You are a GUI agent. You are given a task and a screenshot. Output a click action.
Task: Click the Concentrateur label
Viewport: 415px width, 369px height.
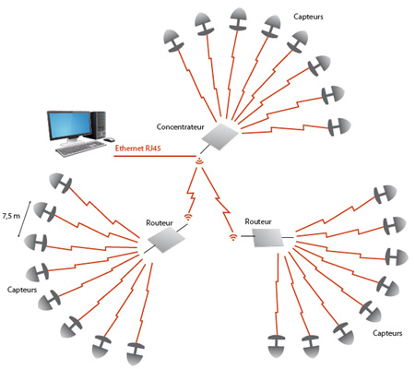click(180, 126)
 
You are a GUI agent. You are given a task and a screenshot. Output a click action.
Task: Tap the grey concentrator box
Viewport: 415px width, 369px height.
click(220, 137)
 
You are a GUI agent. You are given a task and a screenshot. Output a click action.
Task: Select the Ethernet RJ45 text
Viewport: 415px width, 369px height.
click(137, 149)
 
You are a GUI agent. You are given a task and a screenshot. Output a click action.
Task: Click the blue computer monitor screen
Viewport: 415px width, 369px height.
click(69, 125)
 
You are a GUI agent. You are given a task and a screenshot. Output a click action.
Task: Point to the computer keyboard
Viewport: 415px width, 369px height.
click(81, 149)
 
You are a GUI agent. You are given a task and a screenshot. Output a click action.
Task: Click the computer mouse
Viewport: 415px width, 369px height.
click(109, 140)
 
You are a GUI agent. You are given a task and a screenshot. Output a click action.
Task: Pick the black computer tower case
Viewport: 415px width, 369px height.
click(98, 125)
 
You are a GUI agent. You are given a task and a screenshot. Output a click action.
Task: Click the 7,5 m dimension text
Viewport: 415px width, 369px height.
click(11, 216)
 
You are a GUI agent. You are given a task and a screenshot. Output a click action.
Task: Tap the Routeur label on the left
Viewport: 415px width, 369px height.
click(160, 223)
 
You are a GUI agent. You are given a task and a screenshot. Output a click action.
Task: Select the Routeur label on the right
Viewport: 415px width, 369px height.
click(258, 221)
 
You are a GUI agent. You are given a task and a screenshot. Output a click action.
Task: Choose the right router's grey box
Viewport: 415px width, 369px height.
click(267, 238)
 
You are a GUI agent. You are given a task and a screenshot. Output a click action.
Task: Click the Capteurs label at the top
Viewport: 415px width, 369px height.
click(308, 17)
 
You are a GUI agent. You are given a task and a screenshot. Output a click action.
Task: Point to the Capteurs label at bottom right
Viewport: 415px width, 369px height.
click(387, 333)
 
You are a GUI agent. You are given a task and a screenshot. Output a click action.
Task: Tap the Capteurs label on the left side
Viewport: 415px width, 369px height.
click(22, 290)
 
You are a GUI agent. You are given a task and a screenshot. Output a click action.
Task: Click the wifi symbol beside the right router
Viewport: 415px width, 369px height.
click(233, 237)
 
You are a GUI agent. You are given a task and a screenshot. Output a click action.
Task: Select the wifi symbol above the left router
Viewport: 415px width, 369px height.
click(188, 217)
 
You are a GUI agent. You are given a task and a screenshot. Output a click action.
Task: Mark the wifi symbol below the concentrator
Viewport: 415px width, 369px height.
click(199, 161)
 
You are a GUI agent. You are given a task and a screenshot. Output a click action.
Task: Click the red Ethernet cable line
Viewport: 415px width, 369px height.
click(155, 156)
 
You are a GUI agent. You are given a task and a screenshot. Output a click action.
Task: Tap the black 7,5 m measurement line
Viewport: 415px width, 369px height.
click(25, 219)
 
